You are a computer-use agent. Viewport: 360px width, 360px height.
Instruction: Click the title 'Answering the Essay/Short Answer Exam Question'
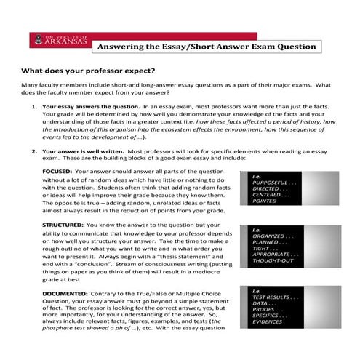pyautogui.click(x=207, y=47)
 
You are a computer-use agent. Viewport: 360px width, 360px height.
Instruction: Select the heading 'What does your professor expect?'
pyautogui.click(x=88, y=72)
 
